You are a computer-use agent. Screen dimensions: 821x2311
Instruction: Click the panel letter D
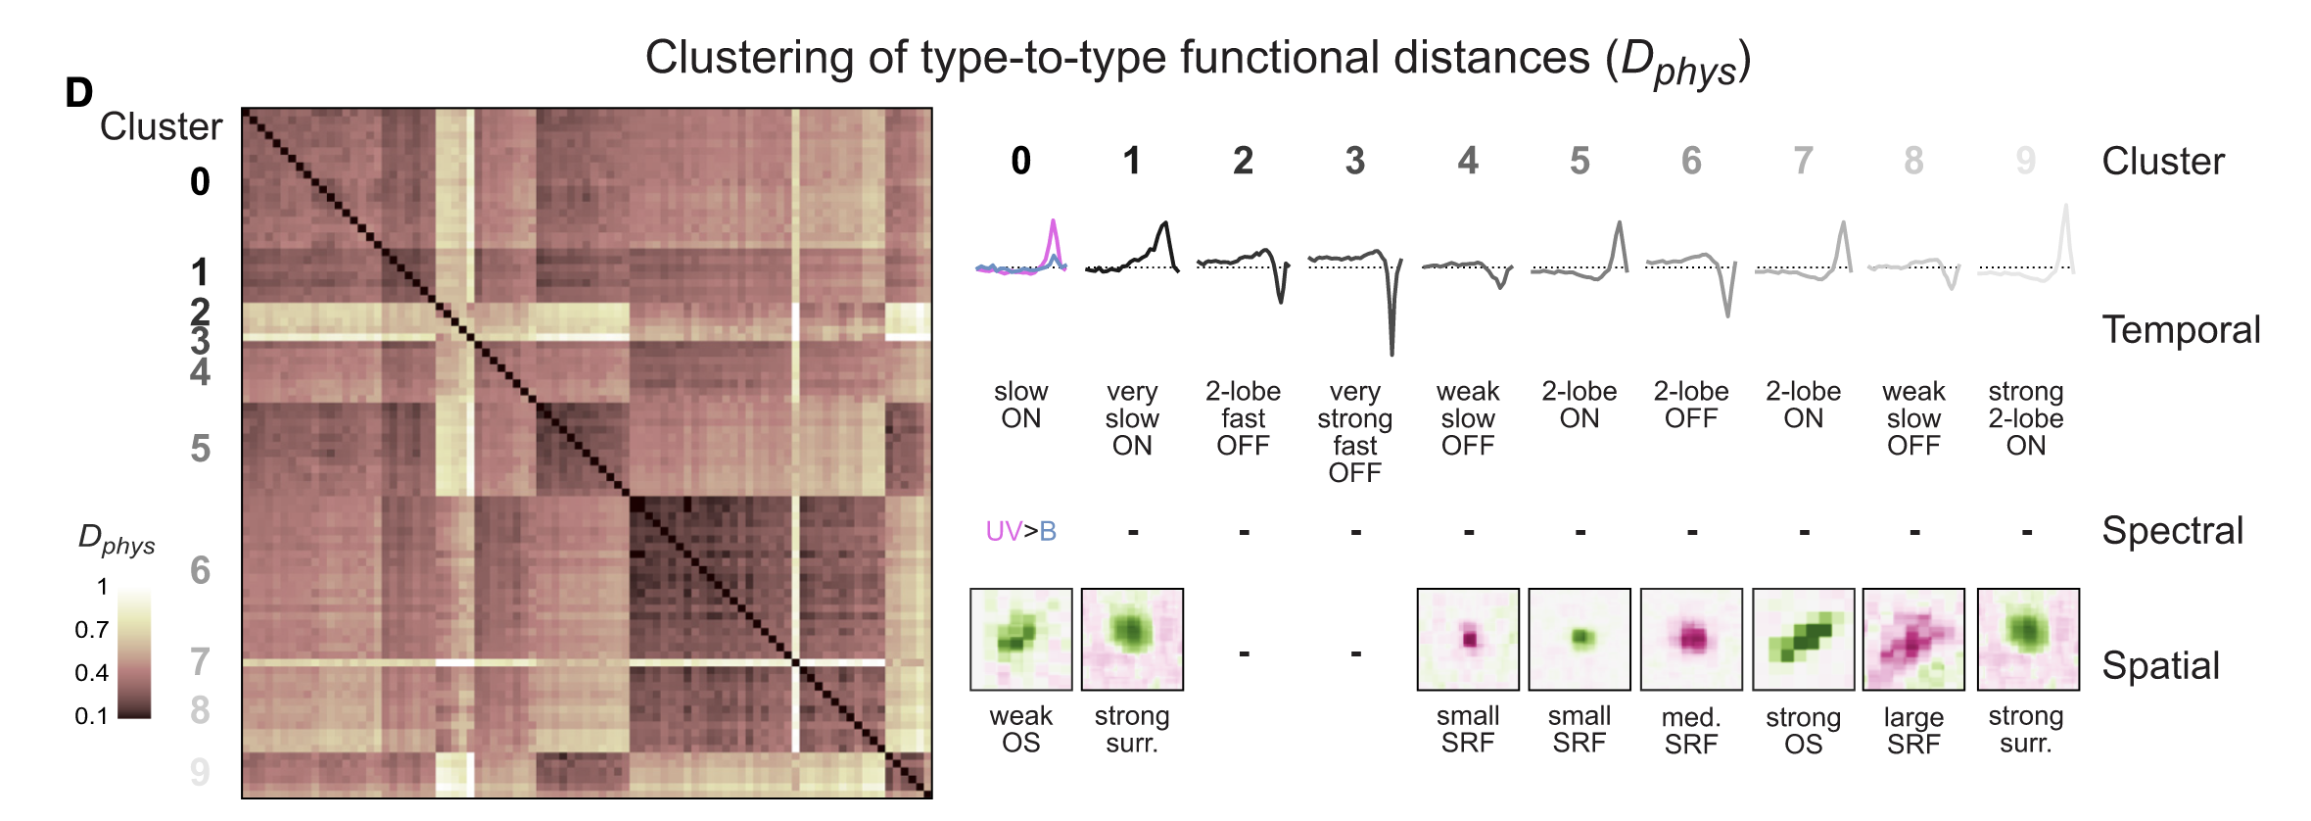coord(79,94)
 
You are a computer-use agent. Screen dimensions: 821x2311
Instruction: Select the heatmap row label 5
coord(200,449)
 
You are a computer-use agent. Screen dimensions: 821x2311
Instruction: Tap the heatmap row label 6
coord(200,570)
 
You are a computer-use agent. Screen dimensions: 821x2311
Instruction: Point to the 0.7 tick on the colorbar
coord(92,630)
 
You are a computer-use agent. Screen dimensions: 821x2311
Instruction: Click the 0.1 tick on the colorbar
coord(92,716)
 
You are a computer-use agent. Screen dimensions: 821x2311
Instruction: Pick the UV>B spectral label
coord(1020,531)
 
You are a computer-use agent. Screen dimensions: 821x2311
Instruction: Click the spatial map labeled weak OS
coord(1020,639)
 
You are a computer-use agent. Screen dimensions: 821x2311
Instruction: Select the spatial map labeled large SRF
coord(1913,639)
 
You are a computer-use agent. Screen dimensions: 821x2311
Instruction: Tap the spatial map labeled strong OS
coord(1803,639)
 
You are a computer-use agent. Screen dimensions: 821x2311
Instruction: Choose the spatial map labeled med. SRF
coord(1691,639)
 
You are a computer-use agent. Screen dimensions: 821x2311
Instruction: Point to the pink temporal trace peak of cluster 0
coord(1054,224)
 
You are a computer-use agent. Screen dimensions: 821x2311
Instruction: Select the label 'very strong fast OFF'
coord(1355,432)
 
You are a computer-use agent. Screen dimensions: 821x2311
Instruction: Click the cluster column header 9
coord(2025,161)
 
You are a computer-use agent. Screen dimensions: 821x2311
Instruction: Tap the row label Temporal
coord(2181,330)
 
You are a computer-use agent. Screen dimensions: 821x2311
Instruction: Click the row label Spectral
coord(2172,531)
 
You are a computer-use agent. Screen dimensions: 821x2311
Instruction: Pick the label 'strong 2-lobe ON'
coord(2025,418)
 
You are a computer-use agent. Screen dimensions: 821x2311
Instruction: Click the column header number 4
coord(1467,161)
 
